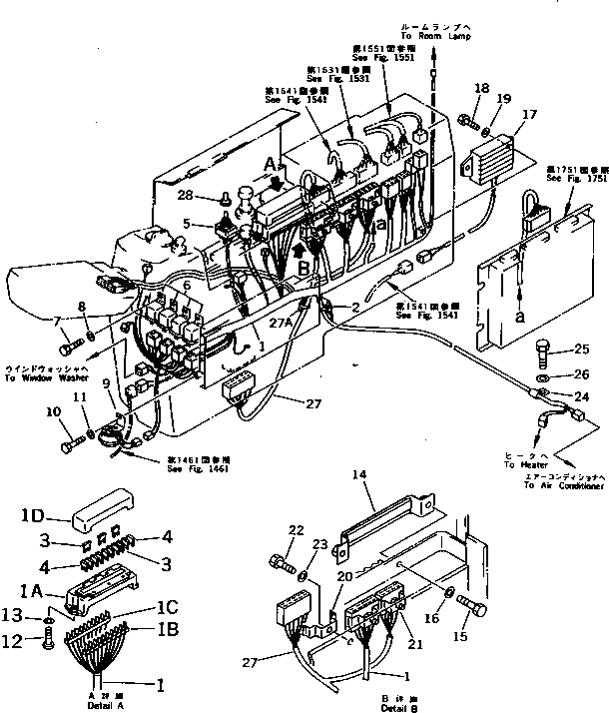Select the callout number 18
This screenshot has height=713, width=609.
pos(482,90)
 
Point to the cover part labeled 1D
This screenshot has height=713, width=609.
pos(105,506)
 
